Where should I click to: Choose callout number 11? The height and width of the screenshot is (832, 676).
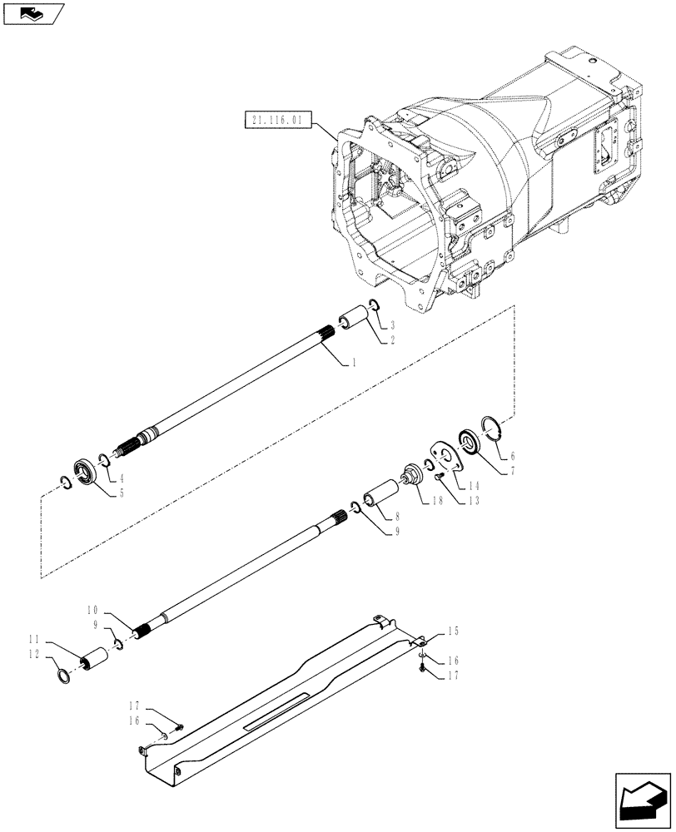[x=34, y=639]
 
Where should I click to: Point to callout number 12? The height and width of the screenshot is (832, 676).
[x=34, y=655]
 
